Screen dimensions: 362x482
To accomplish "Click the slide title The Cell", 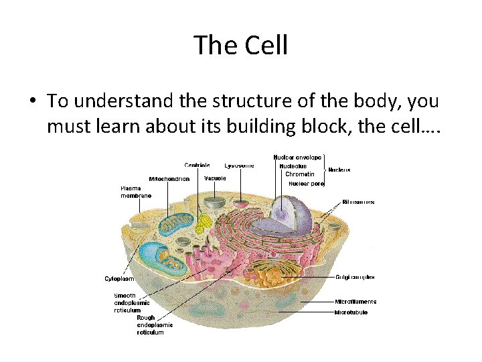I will coord(241,46).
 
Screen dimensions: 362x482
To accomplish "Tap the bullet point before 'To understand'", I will coord(32,101).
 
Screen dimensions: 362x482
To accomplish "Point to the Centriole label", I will coord(197,165).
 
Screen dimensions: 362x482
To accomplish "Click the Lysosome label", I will coord(239,165).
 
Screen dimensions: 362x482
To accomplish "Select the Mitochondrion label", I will coord(169,179).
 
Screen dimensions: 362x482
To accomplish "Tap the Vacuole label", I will coord(215,178).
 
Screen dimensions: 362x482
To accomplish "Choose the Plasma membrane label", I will coord(136,192).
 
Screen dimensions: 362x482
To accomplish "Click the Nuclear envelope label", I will coord(297,157).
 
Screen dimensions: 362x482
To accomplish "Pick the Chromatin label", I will coord(299,174).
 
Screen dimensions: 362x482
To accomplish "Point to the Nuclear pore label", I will coord(306,183).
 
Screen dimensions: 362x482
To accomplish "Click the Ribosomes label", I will coord(358,202).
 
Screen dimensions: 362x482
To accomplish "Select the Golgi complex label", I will coord(355,277).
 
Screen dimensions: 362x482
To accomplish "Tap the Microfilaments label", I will coord(355,302).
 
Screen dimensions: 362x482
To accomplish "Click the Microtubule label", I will coord(351,312).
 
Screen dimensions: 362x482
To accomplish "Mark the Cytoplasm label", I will coord(118,278).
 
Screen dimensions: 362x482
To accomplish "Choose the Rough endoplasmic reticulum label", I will coord(155,325).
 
